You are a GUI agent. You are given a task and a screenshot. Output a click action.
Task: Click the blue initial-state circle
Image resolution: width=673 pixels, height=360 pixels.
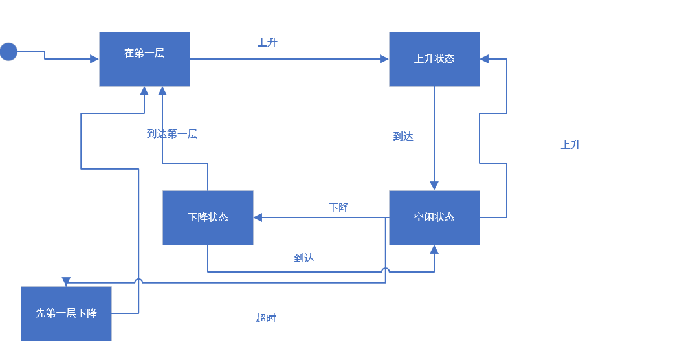(8, 52)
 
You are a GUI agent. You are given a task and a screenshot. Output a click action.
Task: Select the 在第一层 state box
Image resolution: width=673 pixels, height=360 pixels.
(144, 59)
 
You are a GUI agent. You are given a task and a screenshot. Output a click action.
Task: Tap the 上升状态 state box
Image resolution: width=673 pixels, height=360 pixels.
(434, 59)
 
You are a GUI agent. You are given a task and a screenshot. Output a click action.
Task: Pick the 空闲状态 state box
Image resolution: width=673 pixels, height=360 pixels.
(434, 218)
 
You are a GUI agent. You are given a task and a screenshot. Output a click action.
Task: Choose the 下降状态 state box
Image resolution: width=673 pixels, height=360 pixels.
(208, 218)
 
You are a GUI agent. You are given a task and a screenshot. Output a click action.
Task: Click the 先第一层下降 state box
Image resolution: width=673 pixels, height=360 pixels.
(66, 313)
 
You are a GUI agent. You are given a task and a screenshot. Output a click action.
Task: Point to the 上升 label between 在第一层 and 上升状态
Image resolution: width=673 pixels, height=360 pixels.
(267, 43)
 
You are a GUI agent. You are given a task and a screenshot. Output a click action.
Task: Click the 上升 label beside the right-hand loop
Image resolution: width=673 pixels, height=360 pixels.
(570, 145)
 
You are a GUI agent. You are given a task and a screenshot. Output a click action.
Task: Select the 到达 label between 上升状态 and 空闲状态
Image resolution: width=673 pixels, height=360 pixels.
(403, 137)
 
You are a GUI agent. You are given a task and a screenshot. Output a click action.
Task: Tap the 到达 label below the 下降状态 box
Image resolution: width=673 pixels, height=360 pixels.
(304, 258)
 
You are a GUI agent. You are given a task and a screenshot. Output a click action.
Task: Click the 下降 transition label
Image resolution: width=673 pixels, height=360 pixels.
(338, 208)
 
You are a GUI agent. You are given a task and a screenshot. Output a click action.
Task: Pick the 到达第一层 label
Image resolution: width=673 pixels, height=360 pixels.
(171, 134)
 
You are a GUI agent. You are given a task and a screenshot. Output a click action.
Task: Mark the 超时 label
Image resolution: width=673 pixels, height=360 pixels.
(266, 319)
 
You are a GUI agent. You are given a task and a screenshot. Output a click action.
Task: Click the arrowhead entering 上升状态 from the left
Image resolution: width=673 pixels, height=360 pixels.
(384, 59)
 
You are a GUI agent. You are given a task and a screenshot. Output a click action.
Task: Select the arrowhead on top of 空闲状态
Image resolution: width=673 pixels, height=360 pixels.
(434, 186)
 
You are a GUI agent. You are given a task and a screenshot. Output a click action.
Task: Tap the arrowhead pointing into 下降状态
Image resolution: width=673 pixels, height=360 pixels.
(258, 218)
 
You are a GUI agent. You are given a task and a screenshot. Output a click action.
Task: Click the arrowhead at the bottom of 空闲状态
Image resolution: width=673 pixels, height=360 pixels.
(434, 249)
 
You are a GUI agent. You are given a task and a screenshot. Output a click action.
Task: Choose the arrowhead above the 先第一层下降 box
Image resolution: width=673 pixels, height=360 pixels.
(66, 282)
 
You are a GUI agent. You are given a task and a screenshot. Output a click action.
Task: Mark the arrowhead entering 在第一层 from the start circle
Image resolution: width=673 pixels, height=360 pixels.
(94, 59)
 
